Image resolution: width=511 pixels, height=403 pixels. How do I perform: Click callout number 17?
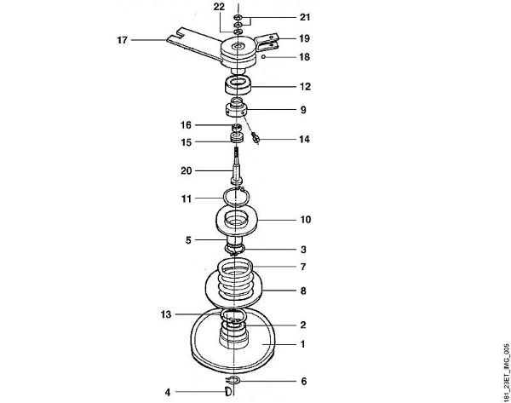(x=122, y=40)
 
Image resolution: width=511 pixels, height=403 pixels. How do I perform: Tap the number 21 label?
(x=305, y=17)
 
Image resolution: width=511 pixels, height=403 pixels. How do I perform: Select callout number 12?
(x=305, y=87)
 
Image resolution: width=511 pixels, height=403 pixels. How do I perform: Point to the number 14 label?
(x=304, y=140)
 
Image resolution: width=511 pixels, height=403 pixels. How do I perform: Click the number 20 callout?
(x=187, y=171)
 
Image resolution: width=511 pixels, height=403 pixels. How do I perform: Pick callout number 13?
(x=166, y=314)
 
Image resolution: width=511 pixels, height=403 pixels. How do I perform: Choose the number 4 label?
(x=168, y=392)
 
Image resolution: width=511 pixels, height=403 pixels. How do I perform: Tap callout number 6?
(x=304, y=381)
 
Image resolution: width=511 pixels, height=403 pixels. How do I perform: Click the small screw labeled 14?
(x=255, y=137)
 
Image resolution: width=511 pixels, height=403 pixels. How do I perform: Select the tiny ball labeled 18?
(x=265, y=57)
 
